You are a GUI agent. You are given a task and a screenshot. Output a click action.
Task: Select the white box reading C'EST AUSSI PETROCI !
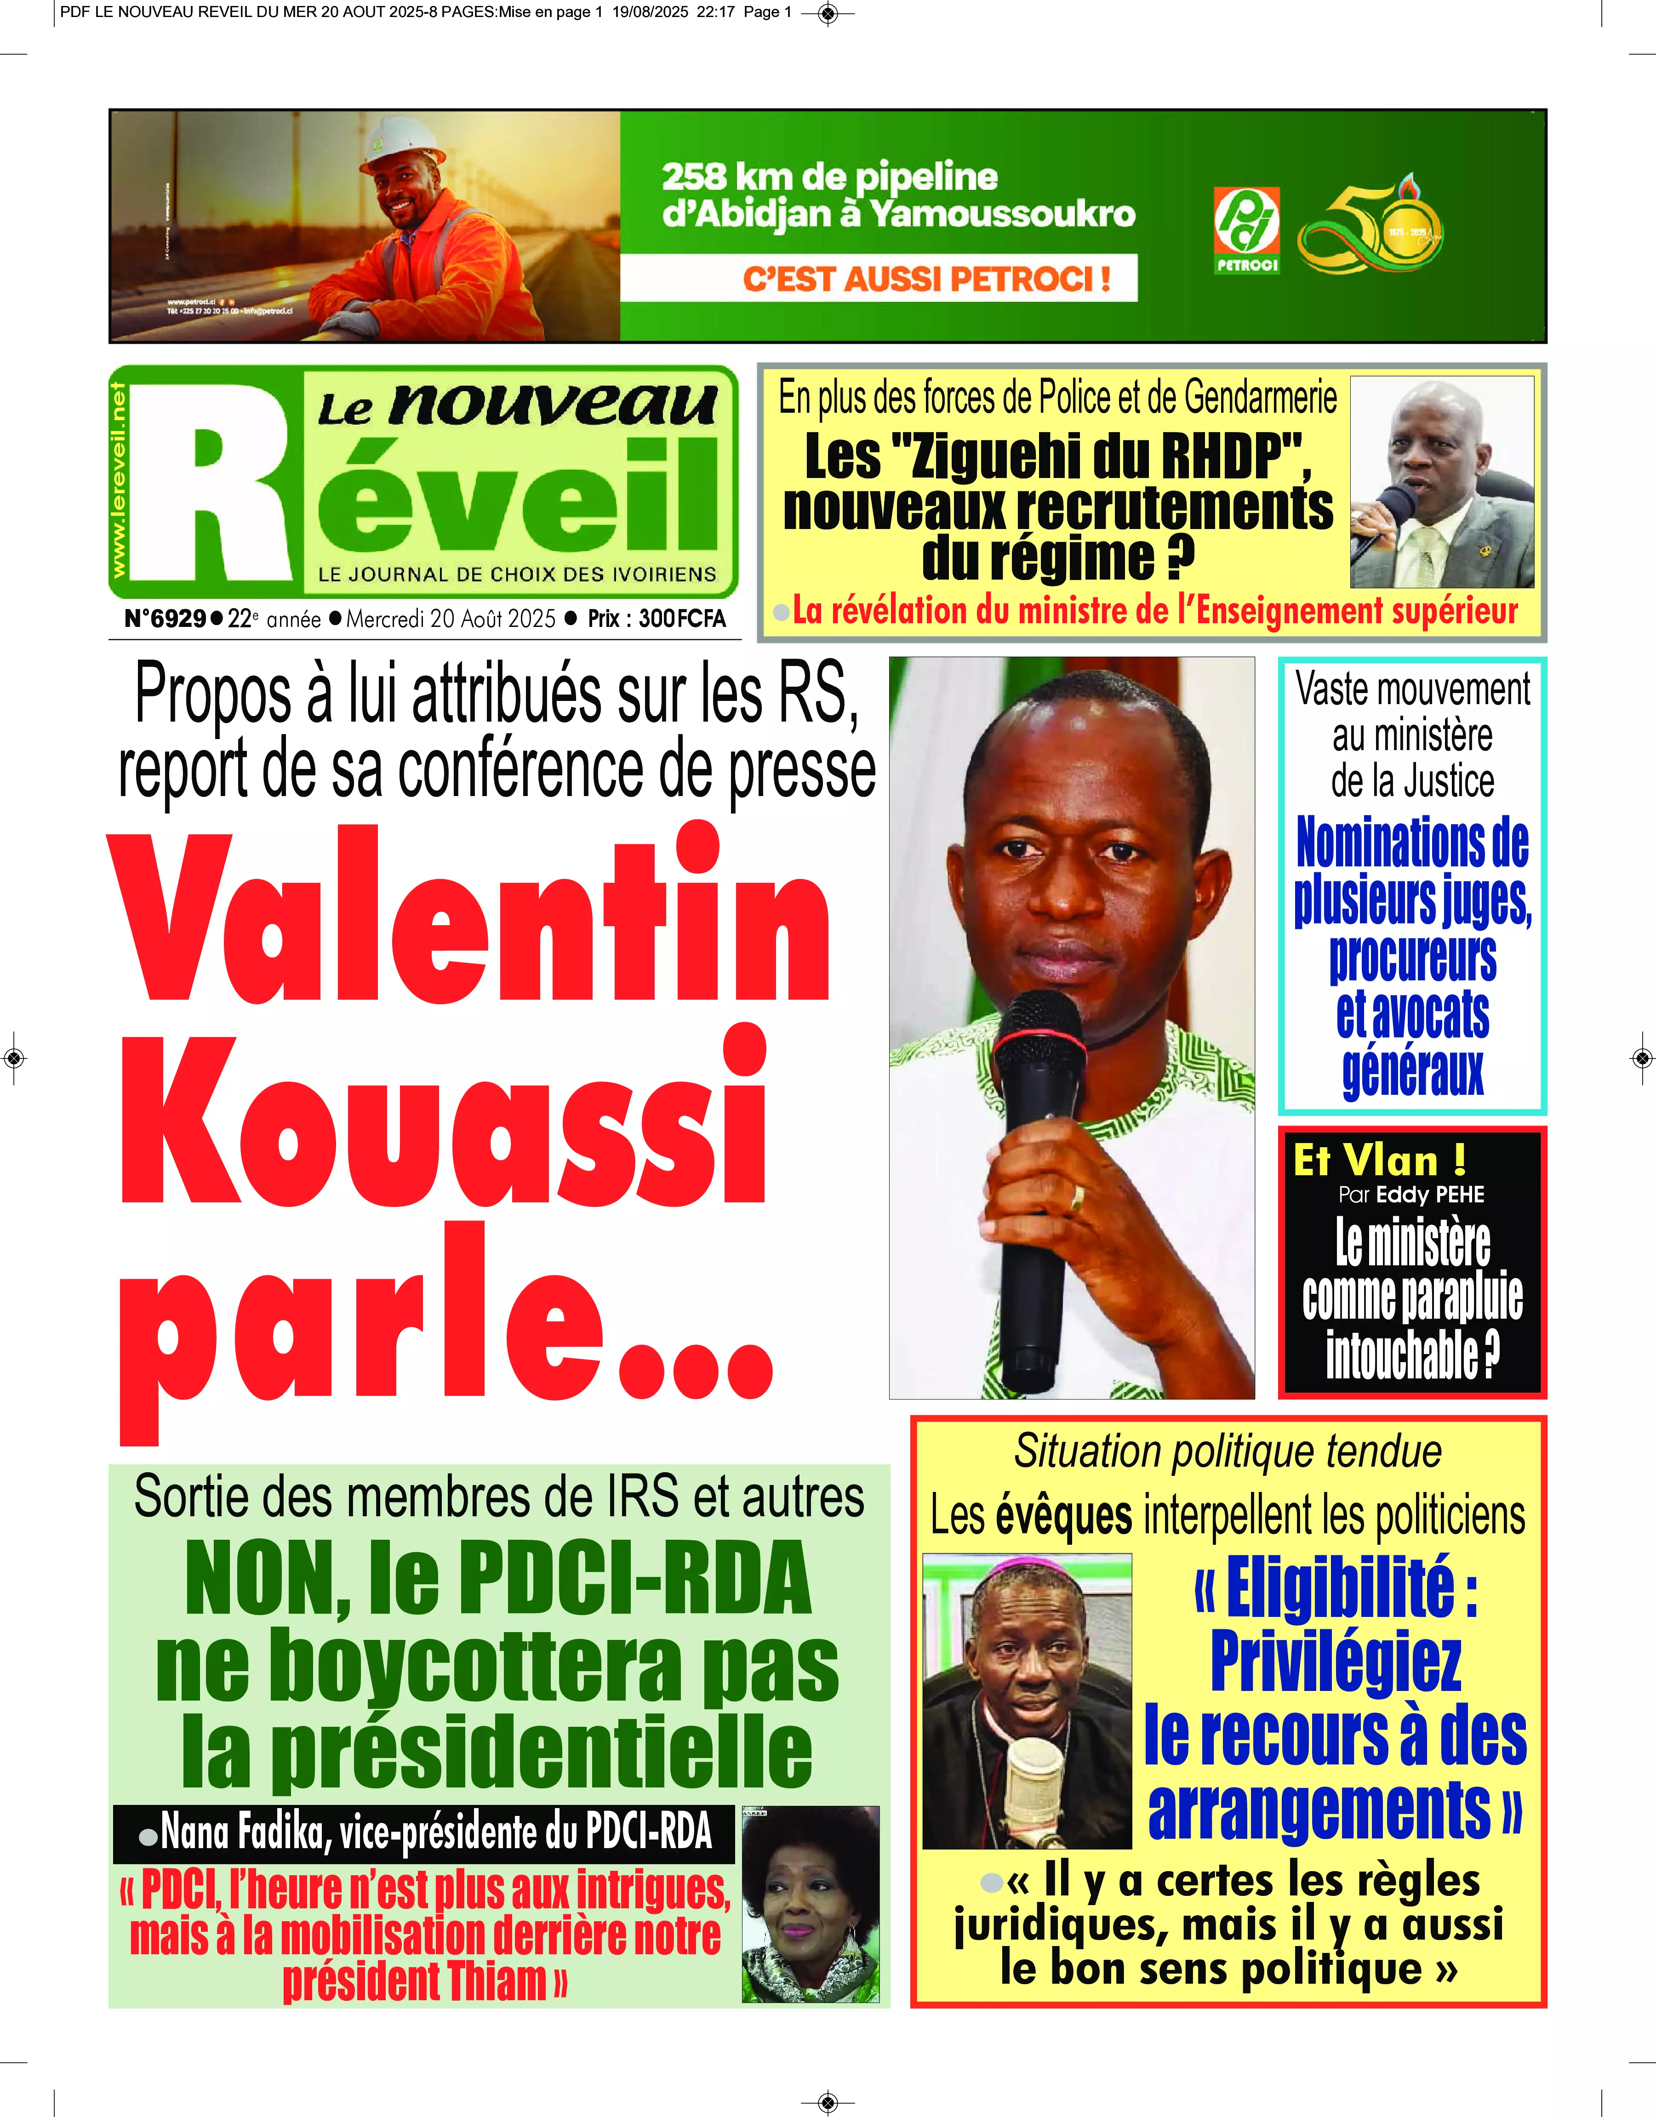tap(879, 278)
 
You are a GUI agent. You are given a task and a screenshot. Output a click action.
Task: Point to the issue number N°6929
tap(165, 619)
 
